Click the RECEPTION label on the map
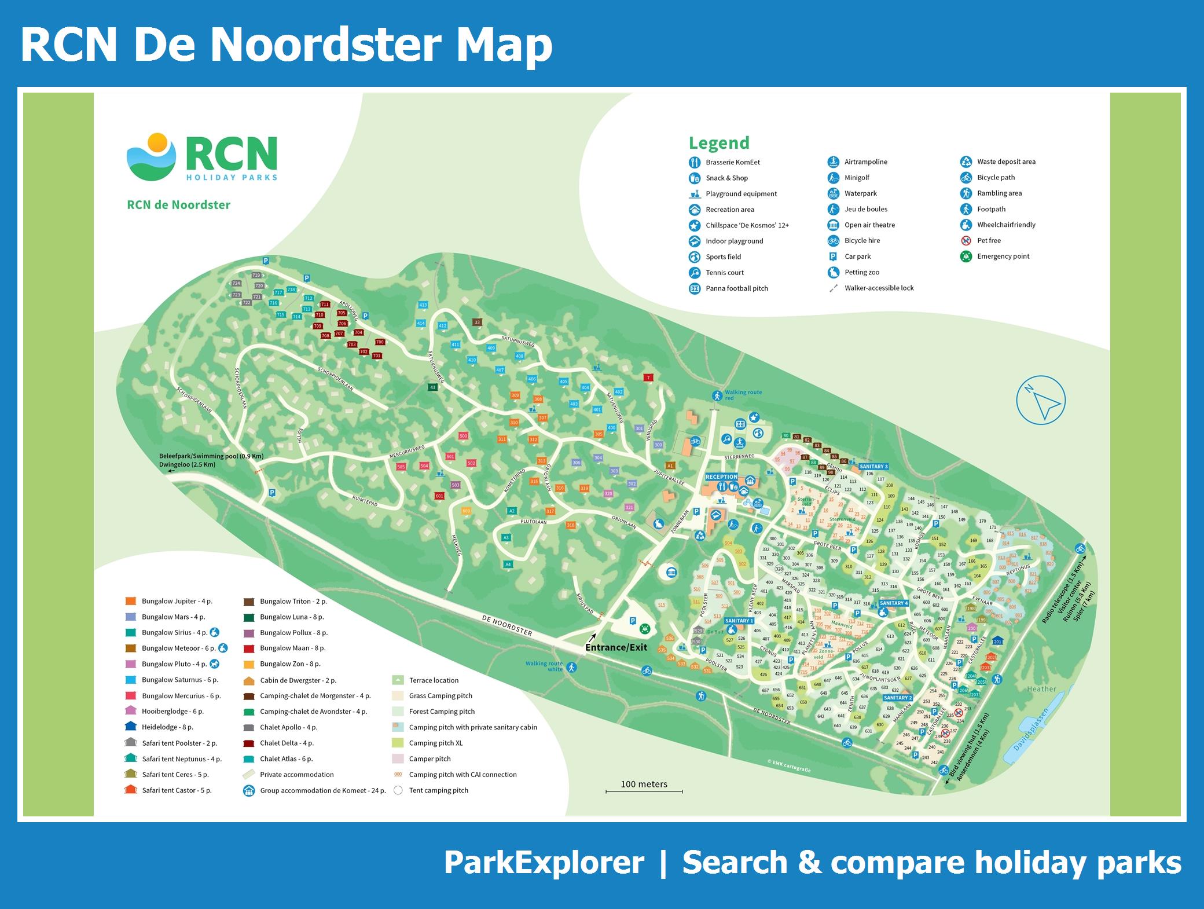(x=721, y=477)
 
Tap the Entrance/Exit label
(x=616, y=647)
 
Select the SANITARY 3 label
(x=873, y=466)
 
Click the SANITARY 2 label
(x=898, y=698)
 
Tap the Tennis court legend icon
(x=695, y=273)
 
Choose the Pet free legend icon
(x=966, y=241)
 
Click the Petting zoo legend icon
(x=833, y=272)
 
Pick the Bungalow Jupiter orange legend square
(x=131, y=601)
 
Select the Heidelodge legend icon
(x=130, y=727)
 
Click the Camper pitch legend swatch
(x=398, y=758)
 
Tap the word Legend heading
(x=719, y=143)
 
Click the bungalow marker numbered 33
(x=477, y=322)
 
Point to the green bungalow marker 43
(x=432, y=387)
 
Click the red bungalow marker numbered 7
(x=648, y=377)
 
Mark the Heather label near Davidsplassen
(x=1041, y=689)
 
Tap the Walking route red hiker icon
(x=717, y=396)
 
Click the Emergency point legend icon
(x=966, y=256)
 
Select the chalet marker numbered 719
(x=256, y=276)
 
